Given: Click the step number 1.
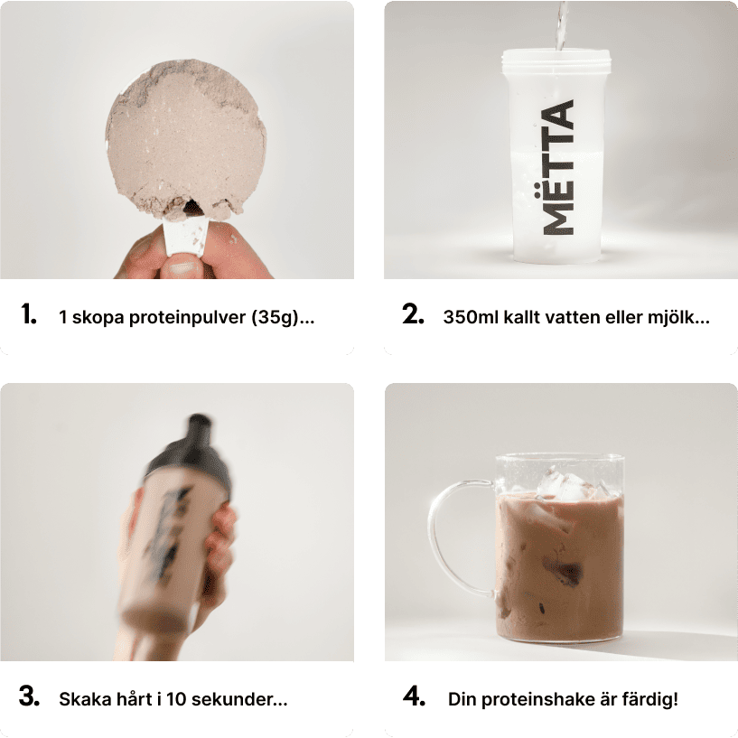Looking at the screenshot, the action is tap(29, 314).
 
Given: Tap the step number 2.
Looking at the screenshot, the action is tap(413, 314).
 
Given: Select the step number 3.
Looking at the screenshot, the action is tap(29, 696).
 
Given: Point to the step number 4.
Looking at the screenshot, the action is tap(415, 696).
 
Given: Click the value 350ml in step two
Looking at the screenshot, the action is tap(471, 317).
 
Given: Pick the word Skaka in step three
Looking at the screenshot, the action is tap(81, 699).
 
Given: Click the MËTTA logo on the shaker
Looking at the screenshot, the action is tap(558, 167).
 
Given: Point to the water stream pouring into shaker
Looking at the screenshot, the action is tap(561, 26).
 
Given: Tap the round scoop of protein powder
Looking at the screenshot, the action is tap(186, 139).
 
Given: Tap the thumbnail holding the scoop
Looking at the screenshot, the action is tap(182, 268).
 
